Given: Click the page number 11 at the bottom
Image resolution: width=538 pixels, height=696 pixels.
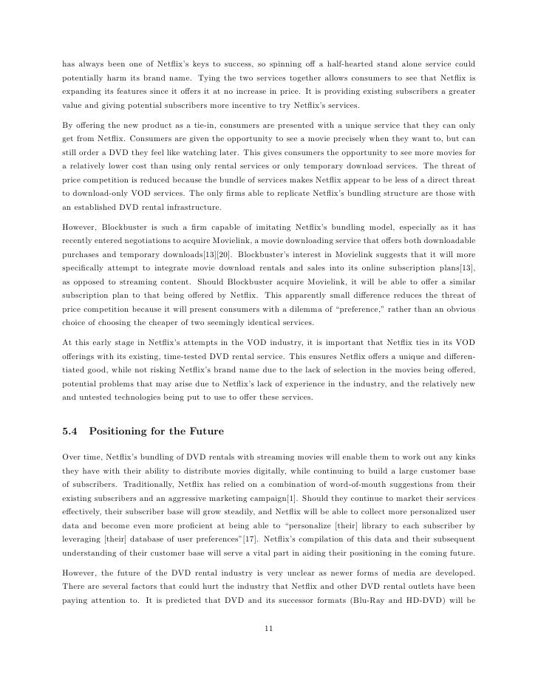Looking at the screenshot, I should point(269,629).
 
